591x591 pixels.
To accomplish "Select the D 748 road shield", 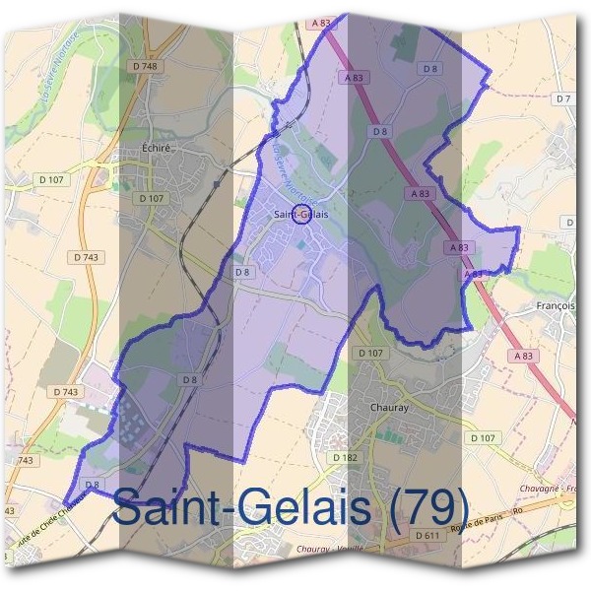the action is pyautogui.click(x=144, y=66).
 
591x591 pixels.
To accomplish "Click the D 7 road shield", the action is pyautogui.click(x=563, y=98).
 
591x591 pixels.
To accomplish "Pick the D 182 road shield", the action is pyautogui.click(x=344, y=458).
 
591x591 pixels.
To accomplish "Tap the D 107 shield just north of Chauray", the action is pyautogui.click(x=370, y=352).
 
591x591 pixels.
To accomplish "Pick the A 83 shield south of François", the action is pyautogui.click(x=522, y=356).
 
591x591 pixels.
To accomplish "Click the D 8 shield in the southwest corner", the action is pyautogui.click(x=93, y=485).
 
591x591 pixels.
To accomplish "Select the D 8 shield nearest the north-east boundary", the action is pyautogui.click(x=429, y=68).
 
